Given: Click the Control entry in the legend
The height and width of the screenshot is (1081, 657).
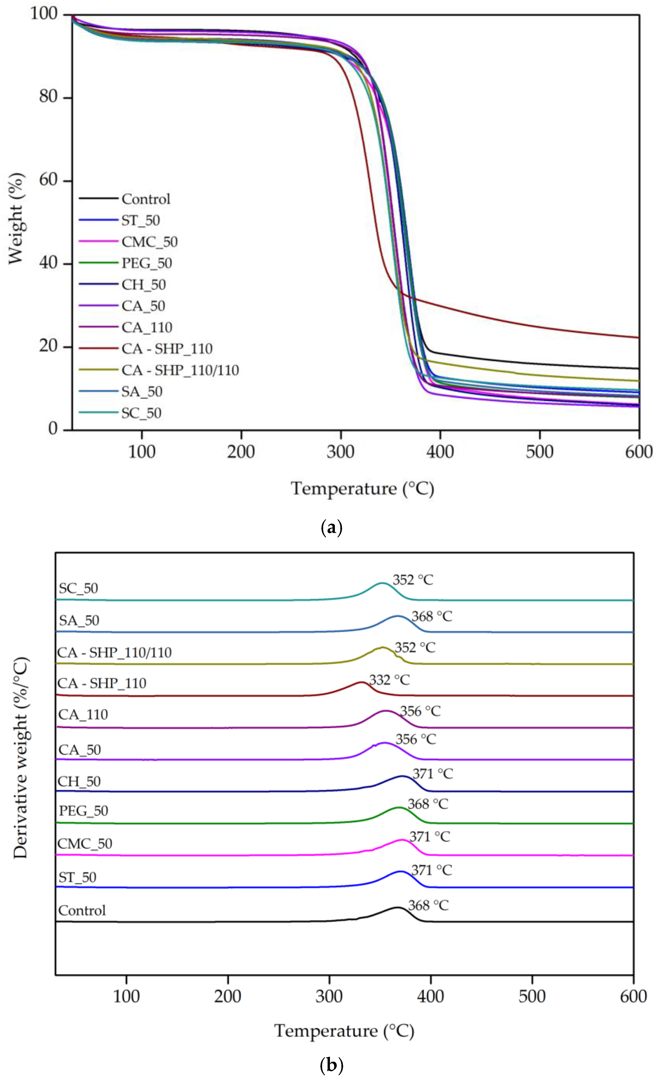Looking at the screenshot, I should pyautogui.click(x=146, y=199).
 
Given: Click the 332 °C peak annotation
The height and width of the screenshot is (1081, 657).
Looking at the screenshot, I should pyautogui.click(x=389, y=680).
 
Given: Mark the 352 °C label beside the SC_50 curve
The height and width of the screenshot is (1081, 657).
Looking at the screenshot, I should pyautogui.click(x=412, y=580).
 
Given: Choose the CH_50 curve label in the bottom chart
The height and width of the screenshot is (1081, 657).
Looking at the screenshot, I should pyautogui.click(x=79, y=782).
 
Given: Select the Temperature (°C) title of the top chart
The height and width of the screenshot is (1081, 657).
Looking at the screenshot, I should pyautogui.click(x=362, y=489).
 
